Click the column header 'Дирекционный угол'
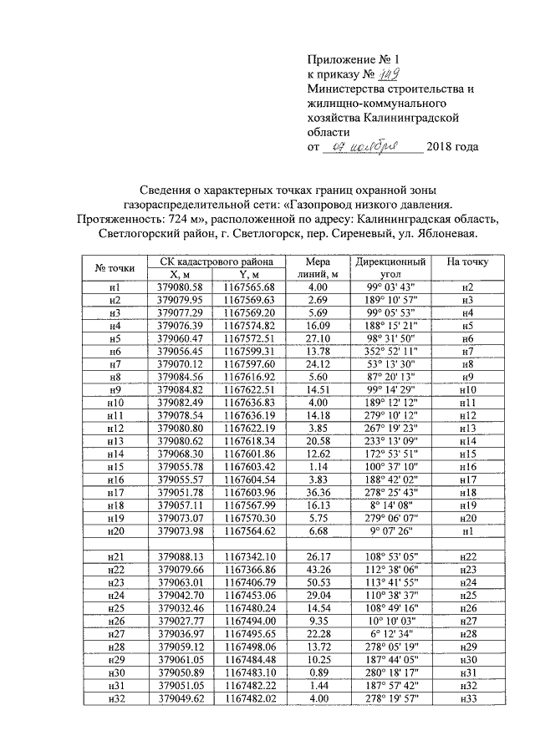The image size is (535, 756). point(390,267)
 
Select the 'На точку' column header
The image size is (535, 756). point(467,261)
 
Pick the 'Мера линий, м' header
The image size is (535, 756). point(318,267)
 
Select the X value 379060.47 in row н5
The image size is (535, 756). point(181,338)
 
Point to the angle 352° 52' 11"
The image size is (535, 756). point(390,352)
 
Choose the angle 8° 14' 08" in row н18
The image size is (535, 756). point(390,508)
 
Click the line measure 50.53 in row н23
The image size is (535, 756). point(318,583)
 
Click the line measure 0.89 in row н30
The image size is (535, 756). point(318,672)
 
